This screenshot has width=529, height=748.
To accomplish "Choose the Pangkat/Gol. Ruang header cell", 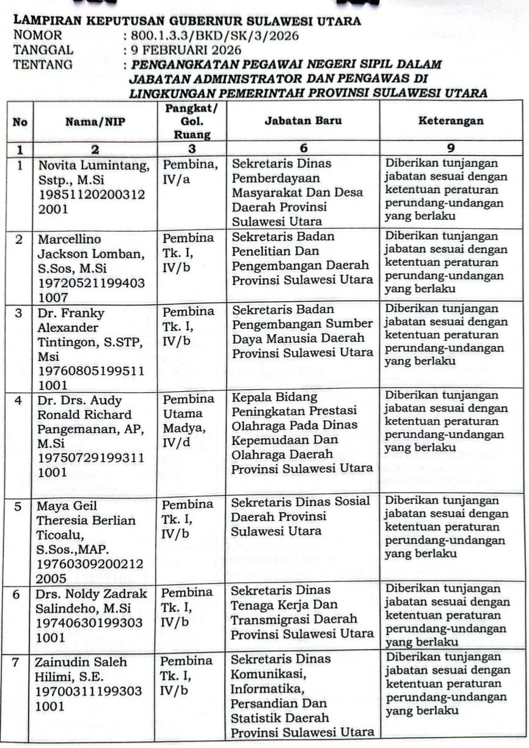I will (x=189, y=121).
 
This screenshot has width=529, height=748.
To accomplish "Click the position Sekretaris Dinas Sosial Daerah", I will (x=301, y=515).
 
